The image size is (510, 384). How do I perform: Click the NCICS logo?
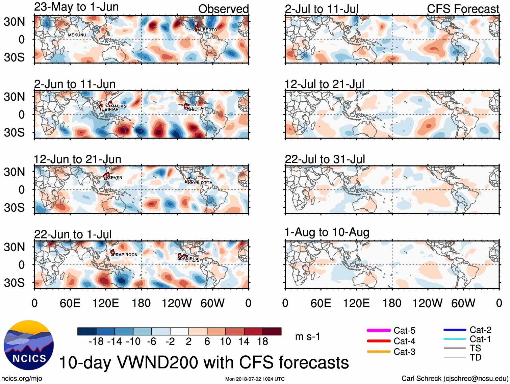[29, 345]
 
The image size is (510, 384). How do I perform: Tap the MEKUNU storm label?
[77, 35]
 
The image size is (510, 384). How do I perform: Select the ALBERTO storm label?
[207, 30]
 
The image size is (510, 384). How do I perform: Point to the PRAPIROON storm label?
[125, 255]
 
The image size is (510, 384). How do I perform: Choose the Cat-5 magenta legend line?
[379, 330]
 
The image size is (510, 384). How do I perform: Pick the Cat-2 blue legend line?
[455, 330]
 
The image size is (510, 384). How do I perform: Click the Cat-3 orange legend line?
[379, 352]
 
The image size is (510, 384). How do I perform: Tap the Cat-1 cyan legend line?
[455, 339]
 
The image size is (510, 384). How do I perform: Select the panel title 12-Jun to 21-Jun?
[77, 159]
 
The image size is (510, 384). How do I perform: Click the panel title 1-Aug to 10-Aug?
[327, 232]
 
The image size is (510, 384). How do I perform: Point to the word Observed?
[223, 9]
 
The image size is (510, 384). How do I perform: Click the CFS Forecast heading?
[463, 9]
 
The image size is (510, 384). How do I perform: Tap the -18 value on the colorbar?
[96, 342]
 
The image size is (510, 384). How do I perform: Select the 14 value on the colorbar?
[244, 342]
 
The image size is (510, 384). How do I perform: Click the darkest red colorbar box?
[272, 331]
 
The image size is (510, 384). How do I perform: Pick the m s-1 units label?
[307, 337]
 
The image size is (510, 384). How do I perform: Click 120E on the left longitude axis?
[105, 303]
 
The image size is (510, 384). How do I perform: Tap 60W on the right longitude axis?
[463, 303]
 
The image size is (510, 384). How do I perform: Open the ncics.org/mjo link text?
[22, 379]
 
